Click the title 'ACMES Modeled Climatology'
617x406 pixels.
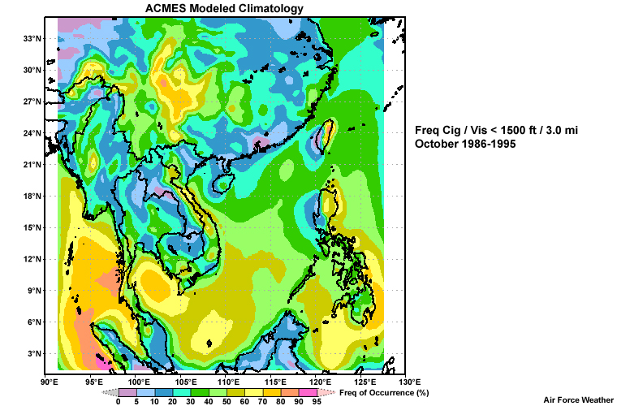[x=225, y=8]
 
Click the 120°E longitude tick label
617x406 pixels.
[x=319, y=382]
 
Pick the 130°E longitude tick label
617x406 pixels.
[x=409, y=382]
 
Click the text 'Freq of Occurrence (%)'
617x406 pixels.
[x=383, y=393]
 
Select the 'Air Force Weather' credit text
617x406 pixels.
[x=579, y=400]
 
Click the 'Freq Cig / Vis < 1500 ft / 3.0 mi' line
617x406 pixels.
[x=502, y=130]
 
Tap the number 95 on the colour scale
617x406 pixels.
[x=317, y=401]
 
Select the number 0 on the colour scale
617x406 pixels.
[x=119, y=401]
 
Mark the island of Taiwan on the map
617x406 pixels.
[x=324, y=136]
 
